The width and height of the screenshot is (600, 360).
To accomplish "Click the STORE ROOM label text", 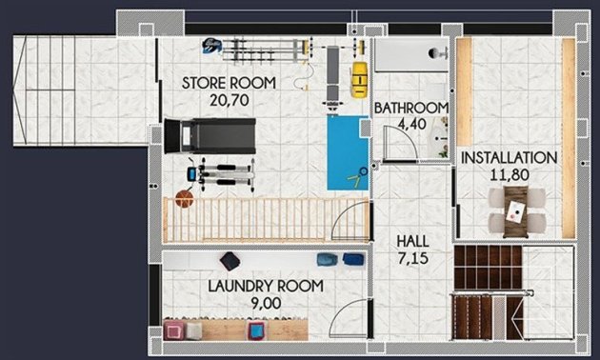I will tap(229, 83).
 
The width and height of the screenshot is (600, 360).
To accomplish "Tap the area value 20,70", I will tap(229, 98).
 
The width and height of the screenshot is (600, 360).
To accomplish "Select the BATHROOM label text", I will tap(410, 108).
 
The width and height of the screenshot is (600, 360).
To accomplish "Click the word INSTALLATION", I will tap(509, 157).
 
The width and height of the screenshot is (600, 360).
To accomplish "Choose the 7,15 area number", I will tap(414, 258).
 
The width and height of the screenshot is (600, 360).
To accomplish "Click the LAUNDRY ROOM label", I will tap(266, 286).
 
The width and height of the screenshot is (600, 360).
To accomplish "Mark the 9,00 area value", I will tap(266, 302).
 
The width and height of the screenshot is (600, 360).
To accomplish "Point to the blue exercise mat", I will tap(348, 150).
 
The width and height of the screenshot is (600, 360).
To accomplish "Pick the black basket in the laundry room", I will tap(230, 260).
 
